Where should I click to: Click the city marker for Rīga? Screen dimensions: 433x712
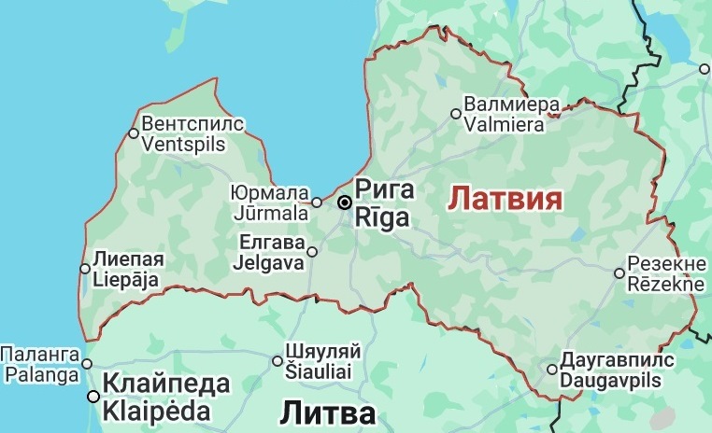pyautogui.click(x=345, y=203)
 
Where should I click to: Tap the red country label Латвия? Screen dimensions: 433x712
pyautogui.click(x=506, y=199)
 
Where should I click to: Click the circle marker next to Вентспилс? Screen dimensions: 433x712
pyautogui.click(x=134, y=133)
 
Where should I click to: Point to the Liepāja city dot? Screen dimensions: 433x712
pyautogui.click(x=85, y=269)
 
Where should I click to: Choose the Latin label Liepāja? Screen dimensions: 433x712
pyautogui.click(x=126, y=279)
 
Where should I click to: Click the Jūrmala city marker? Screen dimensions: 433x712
pyautogui.click(x=317, y=203)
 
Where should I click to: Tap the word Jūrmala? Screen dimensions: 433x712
pyautogui.click(x=270, y=214)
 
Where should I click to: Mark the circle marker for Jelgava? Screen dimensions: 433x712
pyautogui.click(x=312, y=251)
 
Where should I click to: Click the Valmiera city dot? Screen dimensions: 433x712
pyautogui.click(x=456, y=114)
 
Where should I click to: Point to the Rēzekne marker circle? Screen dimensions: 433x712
pyautogui.click(x=619, y=273)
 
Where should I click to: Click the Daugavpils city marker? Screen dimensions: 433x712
pyautogui.click(x=552, y=370)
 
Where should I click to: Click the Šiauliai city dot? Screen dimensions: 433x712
pyautogui.click(x=278, y=361)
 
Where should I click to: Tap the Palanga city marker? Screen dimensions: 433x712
pyautogui.click(x=86, y=365)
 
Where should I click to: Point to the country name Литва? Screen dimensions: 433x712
pyautogui.click(x=327, y=414)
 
